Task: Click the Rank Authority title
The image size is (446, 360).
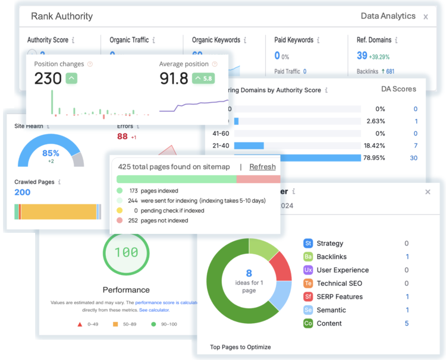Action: (62, 16)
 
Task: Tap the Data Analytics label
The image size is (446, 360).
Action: (387, 16)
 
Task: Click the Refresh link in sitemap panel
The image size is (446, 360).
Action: (262, 167)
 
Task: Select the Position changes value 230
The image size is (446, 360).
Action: (48, 78)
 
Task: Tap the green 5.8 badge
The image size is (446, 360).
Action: (203, 78)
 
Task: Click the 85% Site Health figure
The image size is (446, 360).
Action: (51, 153)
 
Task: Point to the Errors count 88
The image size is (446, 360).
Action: (123, 136)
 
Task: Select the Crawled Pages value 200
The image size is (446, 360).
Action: (23, 192)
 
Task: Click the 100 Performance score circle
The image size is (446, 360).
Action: (126, 253)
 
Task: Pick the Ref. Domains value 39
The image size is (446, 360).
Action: (362, 55)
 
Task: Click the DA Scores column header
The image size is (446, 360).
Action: (398, 89)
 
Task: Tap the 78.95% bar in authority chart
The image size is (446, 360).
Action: (297, 158)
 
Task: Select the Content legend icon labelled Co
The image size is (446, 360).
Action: (308, 323)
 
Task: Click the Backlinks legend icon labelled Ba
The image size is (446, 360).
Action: (308, 257)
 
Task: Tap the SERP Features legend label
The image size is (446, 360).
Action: (340, 296)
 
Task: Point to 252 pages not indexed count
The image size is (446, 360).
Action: (133, 220)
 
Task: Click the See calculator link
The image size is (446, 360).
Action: (154, 310)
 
